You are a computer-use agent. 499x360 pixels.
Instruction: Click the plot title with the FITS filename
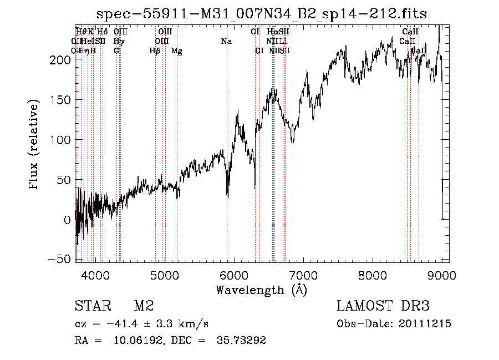pyautogui.click(x=262, y=14)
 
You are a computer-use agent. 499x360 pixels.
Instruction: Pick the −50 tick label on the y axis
pyautogui.click(x=60, y=260)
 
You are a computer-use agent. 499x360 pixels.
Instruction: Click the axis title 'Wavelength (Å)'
pyautogui.click(x=261, y=290)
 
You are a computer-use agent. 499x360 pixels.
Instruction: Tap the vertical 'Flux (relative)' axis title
pyautogui.click(x=34, y=146)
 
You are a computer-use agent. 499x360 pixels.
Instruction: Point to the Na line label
pyautogui.click(x=226, y=41)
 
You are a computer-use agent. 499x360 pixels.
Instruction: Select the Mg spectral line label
pyautogui.click(x=176, y=51)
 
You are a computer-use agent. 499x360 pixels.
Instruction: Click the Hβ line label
pyautogui.click(x=155, y=51)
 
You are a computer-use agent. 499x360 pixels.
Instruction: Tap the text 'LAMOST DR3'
pyautogui.click(x=383, y=306)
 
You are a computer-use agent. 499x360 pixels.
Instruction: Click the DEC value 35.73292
pyautogui.click(x=241, y=341)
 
